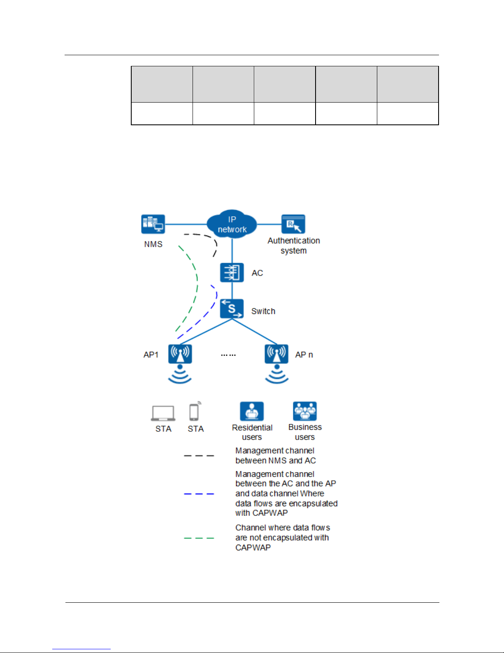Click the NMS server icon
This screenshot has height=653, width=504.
pyautogui.click(x=153, y=224)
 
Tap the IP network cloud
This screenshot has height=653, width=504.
pyautogui.click(x=232, y=224)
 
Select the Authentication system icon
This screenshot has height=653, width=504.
pyautogui.click(x=293, y=224)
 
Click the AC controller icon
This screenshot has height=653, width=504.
pyautogui.click(x=232, y=272)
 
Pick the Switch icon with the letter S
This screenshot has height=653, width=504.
pyautogui.click(x=232, y=309)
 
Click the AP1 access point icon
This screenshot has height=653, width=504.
pyautogui.click(x=180, y=354)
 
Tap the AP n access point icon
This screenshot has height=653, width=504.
pyautogui.click(x=276, y=354)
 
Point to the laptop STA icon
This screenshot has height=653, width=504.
pyautogui.click(x=163, y=413)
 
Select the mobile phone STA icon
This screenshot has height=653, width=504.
pyautogui.click(x=194, y=412)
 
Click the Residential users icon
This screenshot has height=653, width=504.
pyautogui.click(x=252, y=411)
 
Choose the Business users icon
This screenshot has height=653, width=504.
pyautogui.click(x=305, y=411)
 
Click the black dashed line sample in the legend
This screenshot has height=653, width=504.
pyautogui.click(x=199, y=456)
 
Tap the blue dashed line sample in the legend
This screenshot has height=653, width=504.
pyautogui.click(x=199, y=494)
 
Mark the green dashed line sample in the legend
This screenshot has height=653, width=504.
pyautogui.click(x=199, y=538)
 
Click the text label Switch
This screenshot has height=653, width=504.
pyautogui.click(x=263, y=311)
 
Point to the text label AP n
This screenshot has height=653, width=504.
pyautogui.click(x=304, y=355)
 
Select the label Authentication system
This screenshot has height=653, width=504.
pyautogui.click(x=294, y=246)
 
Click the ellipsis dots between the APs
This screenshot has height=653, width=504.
pyautogui.click(x=228, y=355)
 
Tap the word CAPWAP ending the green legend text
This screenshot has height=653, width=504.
pyautogui.click(x=253, y=548)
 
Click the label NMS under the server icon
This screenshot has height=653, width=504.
pyautogui.click(x=153, y=244)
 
